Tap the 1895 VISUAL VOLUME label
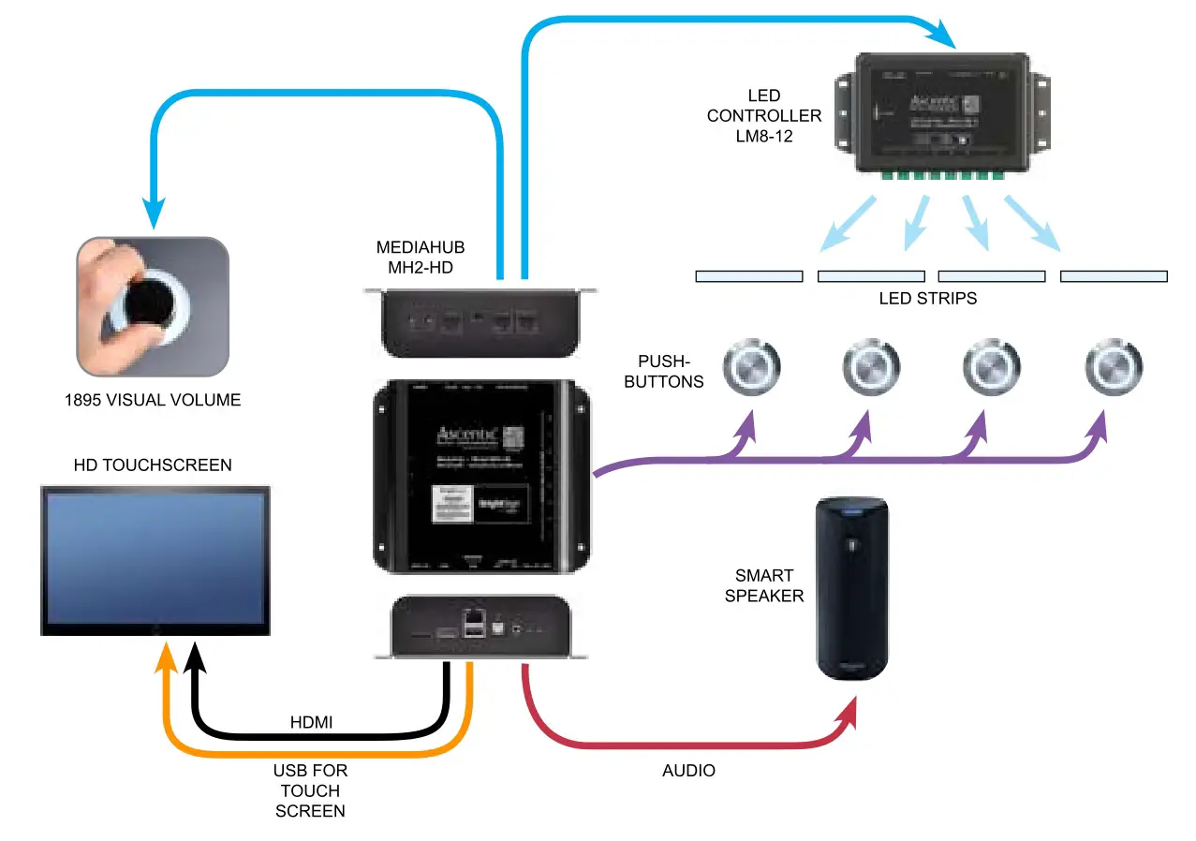click(153, 400)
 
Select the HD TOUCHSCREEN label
click(152, 465)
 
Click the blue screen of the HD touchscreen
click(155, 558)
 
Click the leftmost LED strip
click(749, 276)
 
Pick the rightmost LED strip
click(1114, 276)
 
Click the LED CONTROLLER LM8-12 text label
click(764, 116)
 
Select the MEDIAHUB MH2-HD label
click(421, 258)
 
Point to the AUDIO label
click(688, 771)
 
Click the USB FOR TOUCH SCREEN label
click(310, 791)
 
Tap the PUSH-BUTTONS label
click(671, 371)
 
